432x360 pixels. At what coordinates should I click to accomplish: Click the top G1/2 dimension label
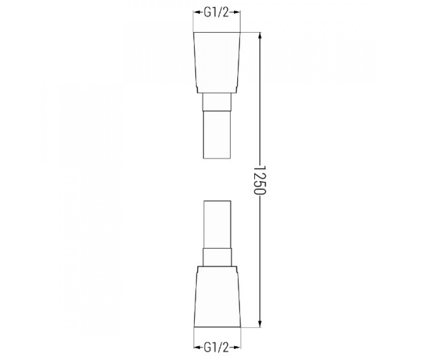[x=216, y=13]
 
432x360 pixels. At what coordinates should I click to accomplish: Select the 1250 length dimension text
[x=260, y=180]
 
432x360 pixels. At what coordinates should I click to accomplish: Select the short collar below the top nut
[x=217, y=102]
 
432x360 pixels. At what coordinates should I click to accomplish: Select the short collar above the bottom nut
[x=217, y=257]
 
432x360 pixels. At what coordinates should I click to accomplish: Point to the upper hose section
[x=217, y=135]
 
